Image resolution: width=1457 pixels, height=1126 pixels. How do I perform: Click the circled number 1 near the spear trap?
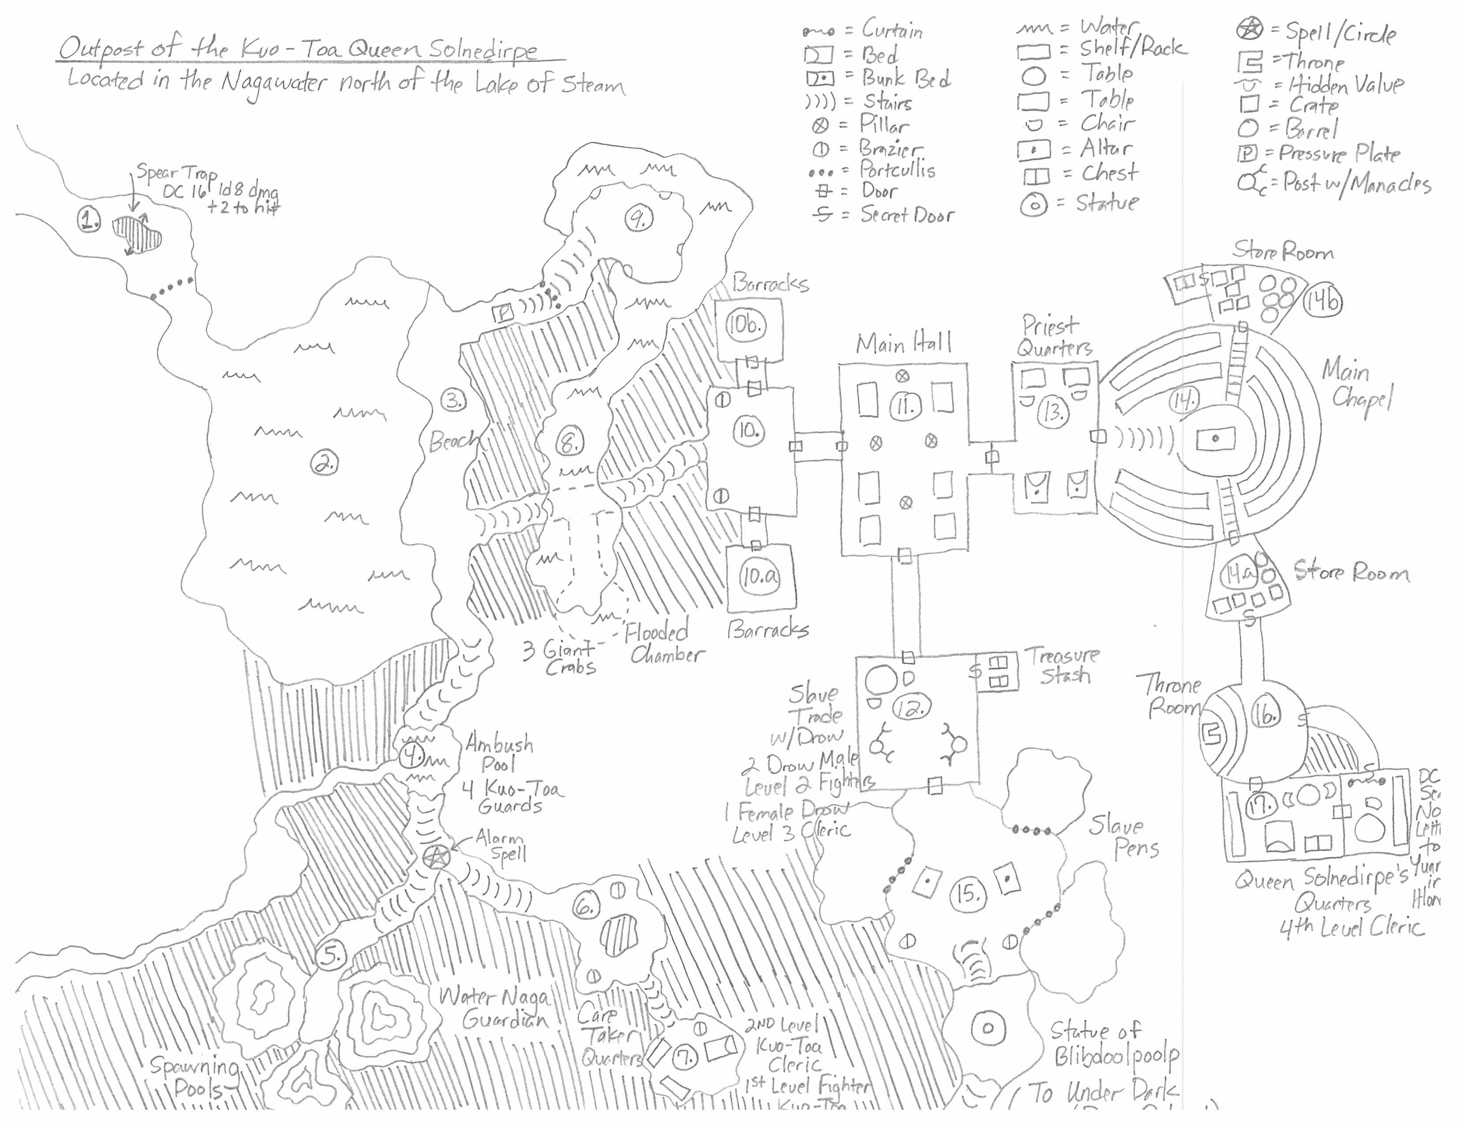tap(89, 218)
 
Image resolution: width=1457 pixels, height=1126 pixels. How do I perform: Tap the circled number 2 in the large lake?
tap(325, 462)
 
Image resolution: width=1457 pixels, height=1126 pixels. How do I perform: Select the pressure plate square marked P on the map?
tap(502, 312)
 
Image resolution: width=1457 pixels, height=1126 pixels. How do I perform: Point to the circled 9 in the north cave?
tap(639, 217)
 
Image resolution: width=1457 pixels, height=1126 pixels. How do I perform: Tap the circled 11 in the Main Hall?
tap(905, 405)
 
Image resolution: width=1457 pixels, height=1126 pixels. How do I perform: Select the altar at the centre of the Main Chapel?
tap(1215, 439)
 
